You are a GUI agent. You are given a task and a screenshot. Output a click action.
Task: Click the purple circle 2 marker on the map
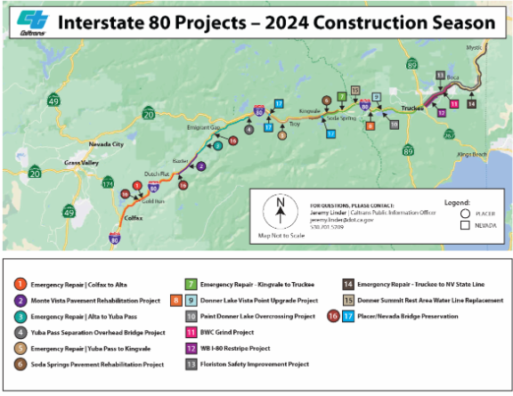[x=200, y=166]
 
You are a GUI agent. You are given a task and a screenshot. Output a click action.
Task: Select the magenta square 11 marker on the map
[x=454, y=104]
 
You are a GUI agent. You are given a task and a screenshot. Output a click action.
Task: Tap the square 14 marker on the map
[x=471, y=104]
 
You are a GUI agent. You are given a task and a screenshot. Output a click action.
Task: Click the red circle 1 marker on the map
[x=137, y=185]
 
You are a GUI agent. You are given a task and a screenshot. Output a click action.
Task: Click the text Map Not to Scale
[x=279, y=235]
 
